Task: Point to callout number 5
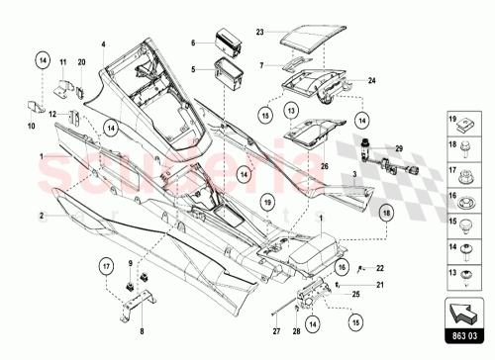click(194, 69)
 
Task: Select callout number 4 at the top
click(102, 44)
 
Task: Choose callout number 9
click(130, 262)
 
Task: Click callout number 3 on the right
click(354, 174)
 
